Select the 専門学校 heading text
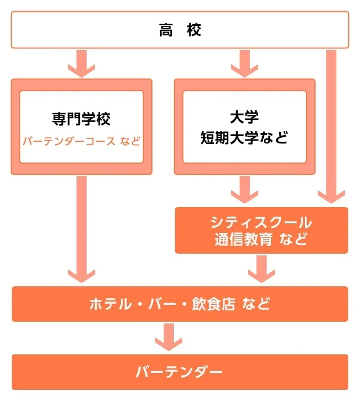tap(82, 119)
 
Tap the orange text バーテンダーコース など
tap(82, 140)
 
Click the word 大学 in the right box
tap(244, 118)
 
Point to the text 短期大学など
tap(244, 138)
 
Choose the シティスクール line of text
tap(261, 221)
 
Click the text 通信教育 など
tap(261, 239)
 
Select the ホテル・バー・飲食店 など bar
tap(179, 304)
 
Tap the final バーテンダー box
tap(179, 372)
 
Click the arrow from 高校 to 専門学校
tap(82, 63)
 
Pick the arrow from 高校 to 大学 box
tap(244, 63)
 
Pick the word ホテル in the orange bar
tap(109, 304)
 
